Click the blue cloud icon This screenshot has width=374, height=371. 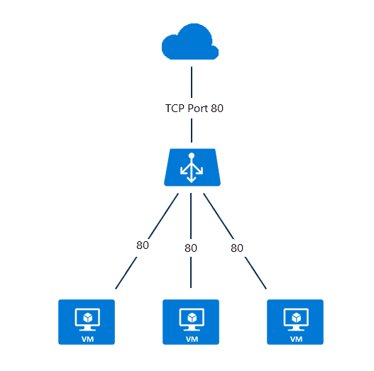(190, 45)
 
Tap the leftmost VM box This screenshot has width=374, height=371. (86, 322)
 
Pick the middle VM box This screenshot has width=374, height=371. (191, 322)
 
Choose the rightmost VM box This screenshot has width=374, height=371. (295, 322)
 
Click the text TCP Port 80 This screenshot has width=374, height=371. (190, 109)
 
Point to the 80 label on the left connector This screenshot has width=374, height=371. (143, 245)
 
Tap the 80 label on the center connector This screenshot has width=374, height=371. (190, 248)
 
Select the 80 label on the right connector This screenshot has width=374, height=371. (237, 248)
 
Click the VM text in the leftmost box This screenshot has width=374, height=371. (86, 339)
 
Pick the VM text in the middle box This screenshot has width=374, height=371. (191, 339)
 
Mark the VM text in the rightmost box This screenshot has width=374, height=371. (295, 339)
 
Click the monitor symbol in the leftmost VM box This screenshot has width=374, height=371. (86, 318)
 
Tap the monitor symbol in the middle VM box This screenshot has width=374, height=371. (191, 318)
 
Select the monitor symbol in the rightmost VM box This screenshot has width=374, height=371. (295, 318)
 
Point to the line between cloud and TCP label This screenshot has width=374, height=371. (190, 81)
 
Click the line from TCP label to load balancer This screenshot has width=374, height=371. (190, 131)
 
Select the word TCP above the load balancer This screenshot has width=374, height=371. (169, 109)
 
